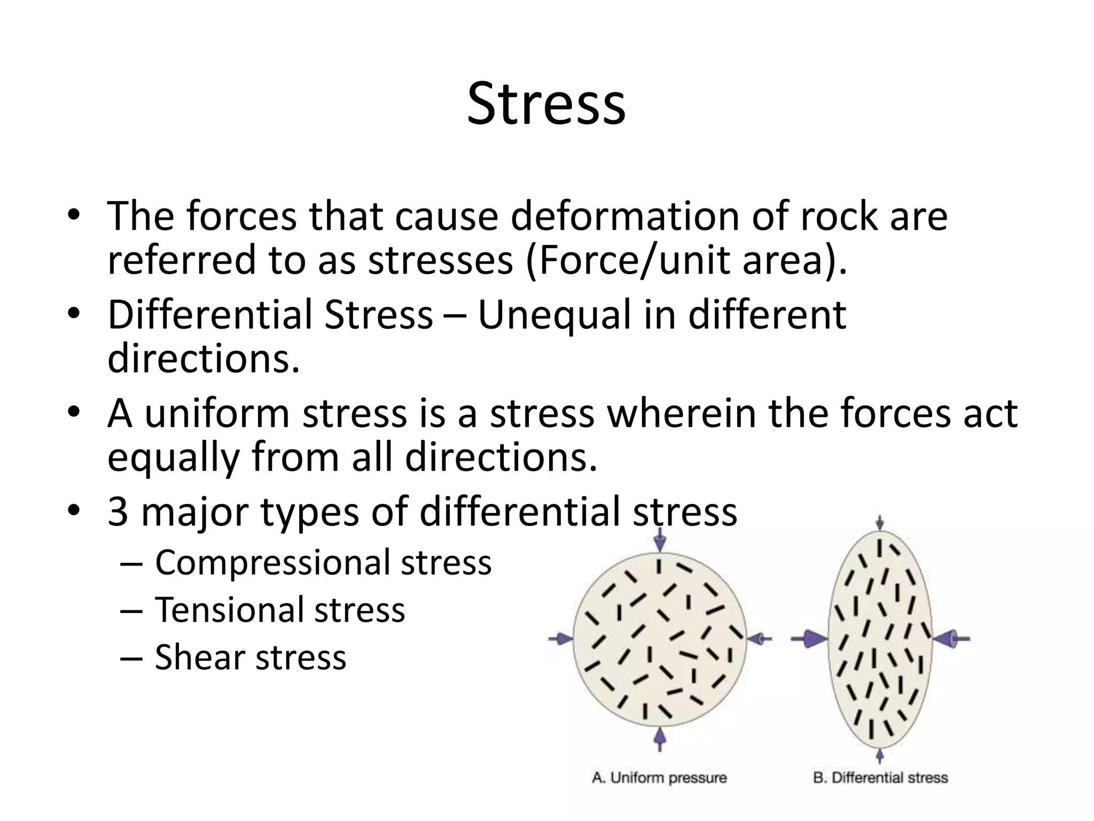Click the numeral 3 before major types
click(x=118, y=512)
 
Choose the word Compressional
click(x=272, y=562)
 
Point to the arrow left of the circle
click(x=560, y=638)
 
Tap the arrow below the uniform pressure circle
click(x=660, y=738)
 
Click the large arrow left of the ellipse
click(x=809, y=638)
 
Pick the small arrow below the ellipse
click(x=880, y=756)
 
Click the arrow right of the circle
click(x=759, y=638)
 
